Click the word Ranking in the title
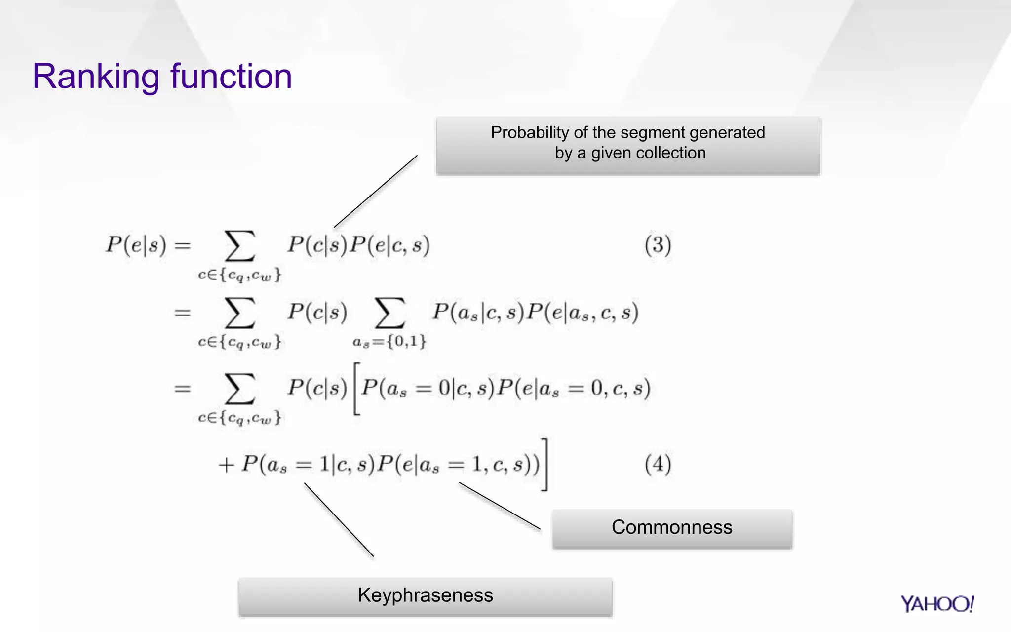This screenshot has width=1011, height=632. pyautogui.click(x=96, y=77)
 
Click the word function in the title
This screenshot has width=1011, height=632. pyautogui.click(x=231, y=77)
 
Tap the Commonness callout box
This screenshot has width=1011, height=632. pyautogui.click(x=672, y=528)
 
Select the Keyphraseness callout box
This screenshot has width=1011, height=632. pyautogui.click(x=425, y=596)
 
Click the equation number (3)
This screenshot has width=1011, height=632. pyautogui.click(x=658, y=245)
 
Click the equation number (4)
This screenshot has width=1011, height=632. pyautogui.click(x=658, y=464)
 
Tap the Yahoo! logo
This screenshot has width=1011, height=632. pyautogui.click(x=936, y=604)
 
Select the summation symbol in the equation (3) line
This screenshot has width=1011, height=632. pyautogui.click(x=240, y=246)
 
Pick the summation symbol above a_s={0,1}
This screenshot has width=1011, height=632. pyautogui.click(x=389, y=313)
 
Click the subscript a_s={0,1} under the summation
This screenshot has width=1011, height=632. pyautogui.click(x=389, y=341)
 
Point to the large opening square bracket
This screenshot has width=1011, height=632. pyautogui.click(x=356, y=389)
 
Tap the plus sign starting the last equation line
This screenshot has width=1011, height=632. pyautogui.click(x=226, y=465)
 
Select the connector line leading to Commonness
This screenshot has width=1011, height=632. pyautogui.click(x=500, y=506)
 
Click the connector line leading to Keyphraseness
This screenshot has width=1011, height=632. pyautogui.click(x=339, y=520)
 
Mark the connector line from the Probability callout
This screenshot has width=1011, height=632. pyautogui.click(x=376, y=192)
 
